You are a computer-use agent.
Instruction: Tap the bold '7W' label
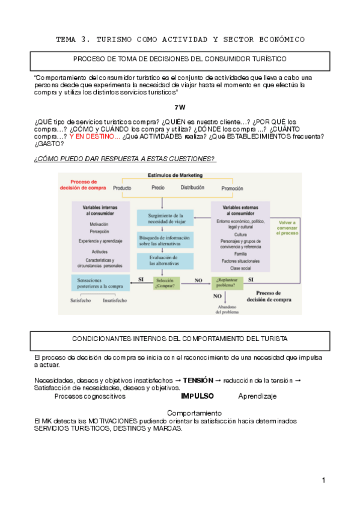(x=180, y=107)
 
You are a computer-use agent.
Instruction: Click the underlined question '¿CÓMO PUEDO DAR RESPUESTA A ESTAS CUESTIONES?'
(x=125, y=158)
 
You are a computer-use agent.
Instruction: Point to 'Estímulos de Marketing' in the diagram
(x=175, y=175)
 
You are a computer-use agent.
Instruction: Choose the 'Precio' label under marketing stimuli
(x=158, y=188)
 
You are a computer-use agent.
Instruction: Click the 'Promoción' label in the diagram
(x=232, y=188)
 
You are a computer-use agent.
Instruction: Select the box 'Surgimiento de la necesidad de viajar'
(x=165, y=218)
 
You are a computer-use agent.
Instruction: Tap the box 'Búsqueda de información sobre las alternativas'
(x=165, y=241)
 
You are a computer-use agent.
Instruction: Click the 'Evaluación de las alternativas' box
(x=165, y=260)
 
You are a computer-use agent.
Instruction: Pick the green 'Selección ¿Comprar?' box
(x=165, y=283)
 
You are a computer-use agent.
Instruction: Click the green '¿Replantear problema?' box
(x=227, y=283)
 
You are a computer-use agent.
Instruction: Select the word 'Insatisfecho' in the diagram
(x=115, y=300)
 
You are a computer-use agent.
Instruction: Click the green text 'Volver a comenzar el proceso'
(x=287, y=227)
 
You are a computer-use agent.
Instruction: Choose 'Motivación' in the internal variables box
(x=99, y=224)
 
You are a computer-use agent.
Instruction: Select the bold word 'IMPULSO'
(x=197, y=396)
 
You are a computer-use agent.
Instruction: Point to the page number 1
(x=323, y=480)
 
